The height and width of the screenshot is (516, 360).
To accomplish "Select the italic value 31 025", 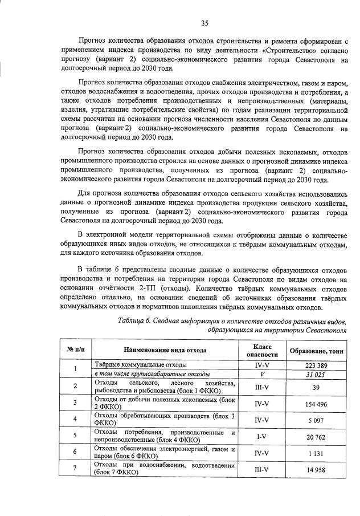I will tap(316, 373).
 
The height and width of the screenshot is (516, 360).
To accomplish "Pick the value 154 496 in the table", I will tap(316, 403).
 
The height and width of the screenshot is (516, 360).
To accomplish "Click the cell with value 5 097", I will tap(316, 420).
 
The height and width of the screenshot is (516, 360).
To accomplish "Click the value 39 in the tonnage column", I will tap(316, 387).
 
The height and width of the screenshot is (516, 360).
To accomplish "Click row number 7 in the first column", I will tap(76, 469).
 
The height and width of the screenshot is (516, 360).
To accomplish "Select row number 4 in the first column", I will tap(76, 420).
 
